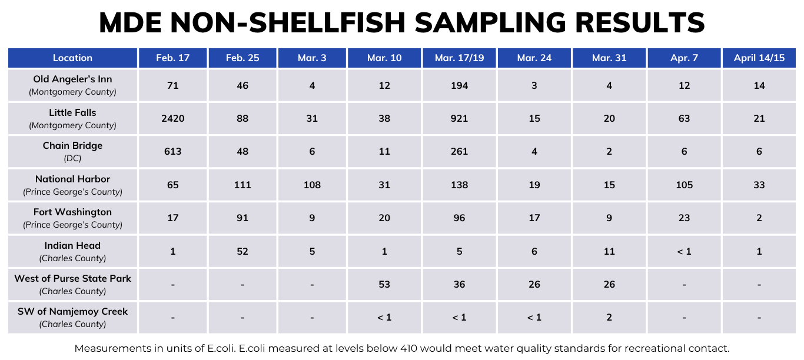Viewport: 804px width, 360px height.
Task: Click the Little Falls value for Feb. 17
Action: pyautogui.click(x=172, y=118)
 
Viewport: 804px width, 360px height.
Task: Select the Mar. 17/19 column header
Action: pyautogui.click(x=459, y=58)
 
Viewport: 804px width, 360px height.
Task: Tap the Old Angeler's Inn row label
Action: pyautogui.click(x=72, y=79)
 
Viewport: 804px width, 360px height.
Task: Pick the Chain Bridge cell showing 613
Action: pyautogui.click(x=172, y=151)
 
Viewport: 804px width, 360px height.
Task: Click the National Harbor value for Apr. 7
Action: pyautogui.click(x=684, y=185)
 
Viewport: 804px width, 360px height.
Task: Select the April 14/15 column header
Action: pyautogui.click(x=759, y=58)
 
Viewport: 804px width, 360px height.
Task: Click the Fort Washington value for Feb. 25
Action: pyautogui.click(x=242, y=218)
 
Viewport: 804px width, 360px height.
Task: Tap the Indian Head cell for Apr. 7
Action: pyautogui.click(x=684, y=251)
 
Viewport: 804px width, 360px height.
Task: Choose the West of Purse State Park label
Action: pyautogui.click(x=72, y=278)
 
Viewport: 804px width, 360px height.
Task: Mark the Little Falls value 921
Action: pyautogui.click(x=459, y=118)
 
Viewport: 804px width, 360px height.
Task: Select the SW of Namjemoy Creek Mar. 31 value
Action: pyautogui.click(x=609, y=317)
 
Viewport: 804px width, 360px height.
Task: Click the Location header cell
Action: pyautogui.click(x=72, y=58)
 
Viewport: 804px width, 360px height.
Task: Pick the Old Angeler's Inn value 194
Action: pyautogui.click(x=459, y=85)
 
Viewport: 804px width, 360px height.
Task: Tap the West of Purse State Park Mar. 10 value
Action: pyautogui.click(x=384, y=284)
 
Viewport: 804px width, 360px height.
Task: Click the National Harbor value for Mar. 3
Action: pyautogui.click(x=312, y=185)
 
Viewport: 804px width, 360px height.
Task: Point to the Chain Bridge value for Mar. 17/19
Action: pyautogui.click(x=459, y=151)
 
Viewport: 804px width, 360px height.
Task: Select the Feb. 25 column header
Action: pyautogui.click(x=242, y=58)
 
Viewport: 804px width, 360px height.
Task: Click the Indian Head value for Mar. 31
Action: pyautogui.click(x=609, y=251)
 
